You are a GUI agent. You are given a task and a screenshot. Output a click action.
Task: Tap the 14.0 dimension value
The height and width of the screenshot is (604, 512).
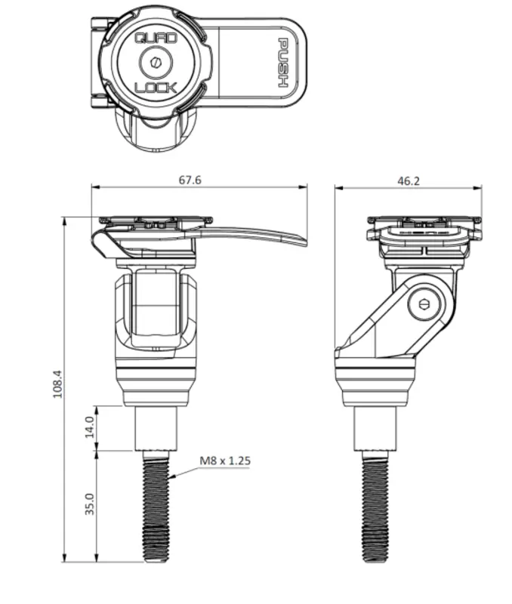click(x=89, y=428)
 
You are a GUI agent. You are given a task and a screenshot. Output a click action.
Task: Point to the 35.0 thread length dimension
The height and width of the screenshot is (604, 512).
click(x=89, y=504)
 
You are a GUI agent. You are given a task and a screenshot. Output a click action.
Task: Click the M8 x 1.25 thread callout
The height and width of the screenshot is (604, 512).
click(x=224, y=460)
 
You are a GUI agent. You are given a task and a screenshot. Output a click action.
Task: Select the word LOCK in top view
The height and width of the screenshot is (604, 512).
click(x=156, y=88)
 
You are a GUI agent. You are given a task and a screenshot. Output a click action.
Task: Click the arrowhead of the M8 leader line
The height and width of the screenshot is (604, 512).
click(x=172, y=477)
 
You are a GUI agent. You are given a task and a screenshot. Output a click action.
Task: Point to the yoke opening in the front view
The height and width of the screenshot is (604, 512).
click(x=156, y=310)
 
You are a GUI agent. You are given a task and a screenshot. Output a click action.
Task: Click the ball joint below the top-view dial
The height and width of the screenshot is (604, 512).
click(x=156, y=128)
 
